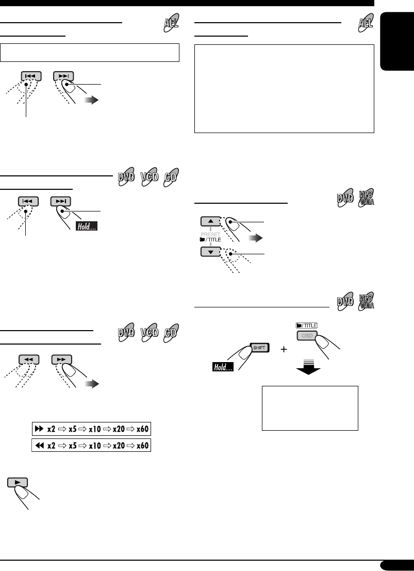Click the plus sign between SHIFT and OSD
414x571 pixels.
(x=283, y=350)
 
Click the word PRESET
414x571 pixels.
(x=210, y=233)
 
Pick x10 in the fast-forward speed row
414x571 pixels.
(x=95, y=429)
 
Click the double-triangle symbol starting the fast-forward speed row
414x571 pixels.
(x=37, y=429)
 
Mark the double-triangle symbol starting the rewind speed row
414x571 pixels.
(x=37, y=445)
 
